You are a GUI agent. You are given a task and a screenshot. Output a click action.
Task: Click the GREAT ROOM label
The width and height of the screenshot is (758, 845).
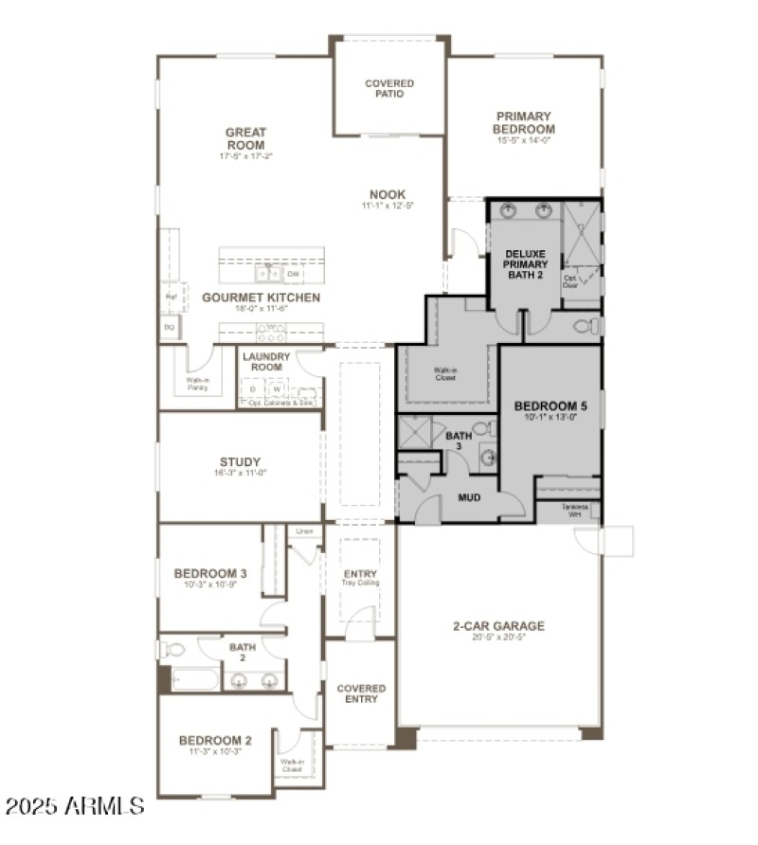coord(245,138)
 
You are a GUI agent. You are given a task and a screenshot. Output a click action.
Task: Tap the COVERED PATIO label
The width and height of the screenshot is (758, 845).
coord(389,88)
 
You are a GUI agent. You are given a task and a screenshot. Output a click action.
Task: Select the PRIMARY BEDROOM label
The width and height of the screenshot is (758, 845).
coord(524,122)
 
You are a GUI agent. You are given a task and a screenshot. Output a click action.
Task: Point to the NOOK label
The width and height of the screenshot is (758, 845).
coord(388,194)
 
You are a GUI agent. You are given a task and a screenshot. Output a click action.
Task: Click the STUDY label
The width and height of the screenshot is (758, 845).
coord(240,462)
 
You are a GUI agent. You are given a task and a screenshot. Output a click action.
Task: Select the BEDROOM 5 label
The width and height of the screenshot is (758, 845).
coord(550,406)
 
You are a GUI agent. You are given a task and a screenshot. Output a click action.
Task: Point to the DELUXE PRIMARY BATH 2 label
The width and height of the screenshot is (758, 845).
coord(525,264)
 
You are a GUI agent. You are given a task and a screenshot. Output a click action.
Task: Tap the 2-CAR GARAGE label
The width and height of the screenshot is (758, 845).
coord(498,625)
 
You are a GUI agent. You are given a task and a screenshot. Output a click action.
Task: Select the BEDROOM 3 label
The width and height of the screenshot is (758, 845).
coord(210,573)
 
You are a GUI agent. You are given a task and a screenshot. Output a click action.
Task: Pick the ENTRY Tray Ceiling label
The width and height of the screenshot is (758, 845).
coord(360,577)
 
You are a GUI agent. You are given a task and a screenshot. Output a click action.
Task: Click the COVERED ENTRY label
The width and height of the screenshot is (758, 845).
coord(361,693)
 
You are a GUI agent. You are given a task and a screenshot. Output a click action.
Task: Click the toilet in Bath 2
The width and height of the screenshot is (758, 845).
coord(175,650)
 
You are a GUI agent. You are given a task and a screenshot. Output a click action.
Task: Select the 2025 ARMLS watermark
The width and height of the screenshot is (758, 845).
coord(75,806)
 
